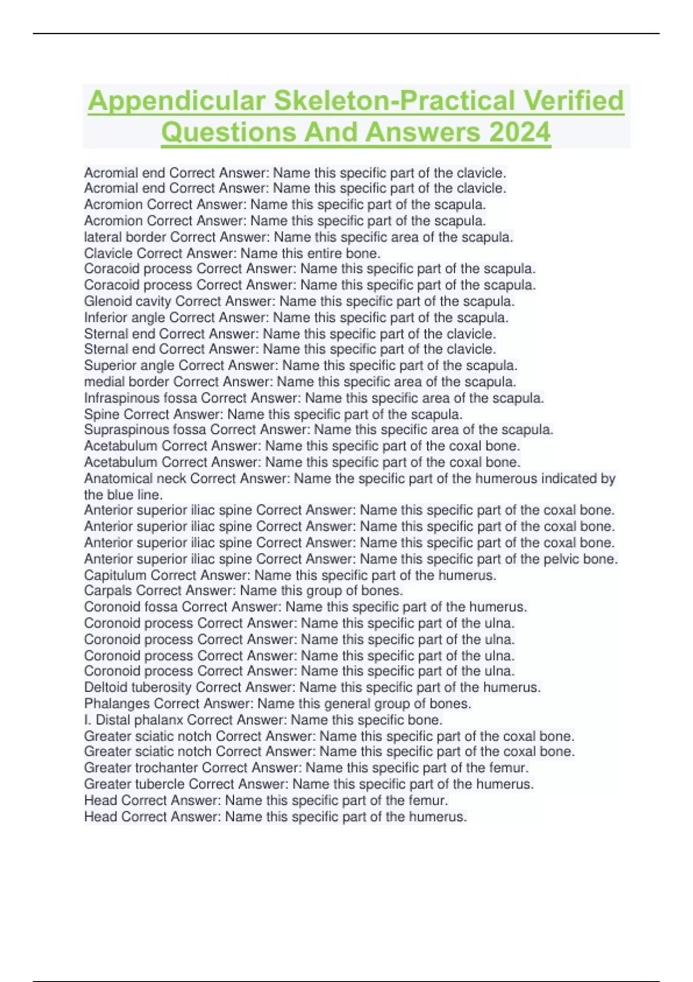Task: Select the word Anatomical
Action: click(x=119, y=479)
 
